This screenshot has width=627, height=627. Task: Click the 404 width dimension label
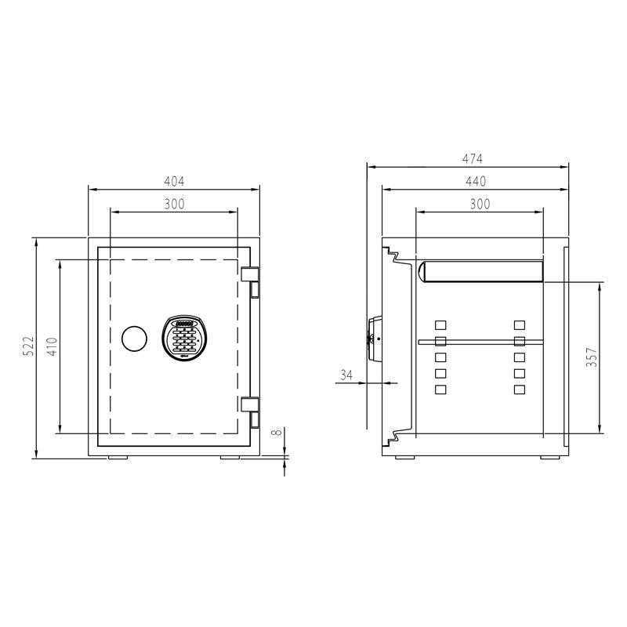[x=173, y=181]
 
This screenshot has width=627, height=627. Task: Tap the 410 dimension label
[x=51, y=346]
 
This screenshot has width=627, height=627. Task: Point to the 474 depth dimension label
[x=472, y=159]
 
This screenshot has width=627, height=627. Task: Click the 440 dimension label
[x=476, y=181]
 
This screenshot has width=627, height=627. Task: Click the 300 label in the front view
[x=173, y=204]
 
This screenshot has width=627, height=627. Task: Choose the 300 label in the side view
[x=479, y=204]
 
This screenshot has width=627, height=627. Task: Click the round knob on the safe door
[x=134, y=339]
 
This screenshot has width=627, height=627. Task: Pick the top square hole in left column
[x=440, y=324]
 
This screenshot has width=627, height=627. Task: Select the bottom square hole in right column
[x=519, y=390]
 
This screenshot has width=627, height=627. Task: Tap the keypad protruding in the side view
[x=374, y=335]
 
